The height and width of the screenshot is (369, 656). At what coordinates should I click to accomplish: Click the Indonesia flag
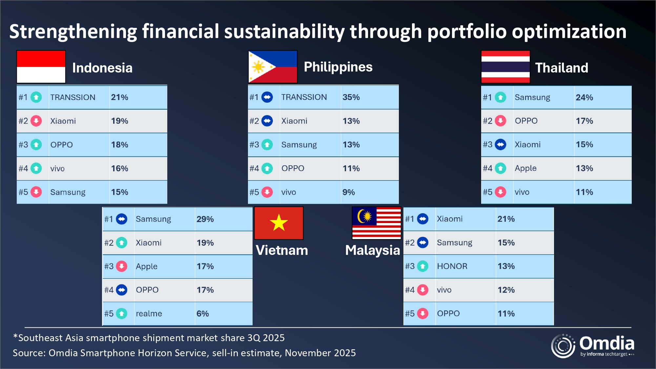41,67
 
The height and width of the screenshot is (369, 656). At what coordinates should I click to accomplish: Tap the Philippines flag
273,67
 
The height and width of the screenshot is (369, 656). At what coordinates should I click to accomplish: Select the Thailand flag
505,67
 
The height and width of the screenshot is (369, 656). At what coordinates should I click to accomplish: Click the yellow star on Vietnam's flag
279,223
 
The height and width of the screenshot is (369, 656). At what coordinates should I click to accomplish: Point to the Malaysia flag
376,223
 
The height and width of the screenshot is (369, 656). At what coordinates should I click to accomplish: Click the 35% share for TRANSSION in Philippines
351,97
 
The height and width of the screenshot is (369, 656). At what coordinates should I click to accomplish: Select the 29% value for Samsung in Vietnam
205,219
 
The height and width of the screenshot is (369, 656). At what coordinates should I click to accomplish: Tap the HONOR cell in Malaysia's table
452,266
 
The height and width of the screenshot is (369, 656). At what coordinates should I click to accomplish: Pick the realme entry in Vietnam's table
149,314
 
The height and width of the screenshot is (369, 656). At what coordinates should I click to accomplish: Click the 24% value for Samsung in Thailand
584,97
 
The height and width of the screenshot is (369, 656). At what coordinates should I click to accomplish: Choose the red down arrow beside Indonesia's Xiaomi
36,121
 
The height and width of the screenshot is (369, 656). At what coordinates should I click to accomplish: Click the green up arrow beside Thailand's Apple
500,168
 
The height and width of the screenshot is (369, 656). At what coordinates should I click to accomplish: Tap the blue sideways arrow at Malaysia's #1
422,219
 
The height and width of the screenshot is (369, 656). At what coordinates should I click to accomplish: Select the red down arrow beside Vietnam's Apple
122,266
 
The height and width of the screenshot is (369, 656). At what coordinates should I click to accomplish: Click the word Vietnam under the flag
282,250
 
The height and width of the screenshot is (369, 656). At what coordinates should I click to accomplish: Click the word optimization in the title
569,31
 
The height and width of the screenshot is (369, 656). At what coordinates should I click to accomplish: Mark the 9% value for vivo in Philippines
348,192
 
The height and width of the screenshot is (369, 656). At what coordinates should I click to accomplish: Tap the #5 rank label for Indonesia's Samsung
23,192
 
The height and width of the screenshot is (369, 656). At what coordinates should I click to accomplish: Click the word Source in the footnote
28,353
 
